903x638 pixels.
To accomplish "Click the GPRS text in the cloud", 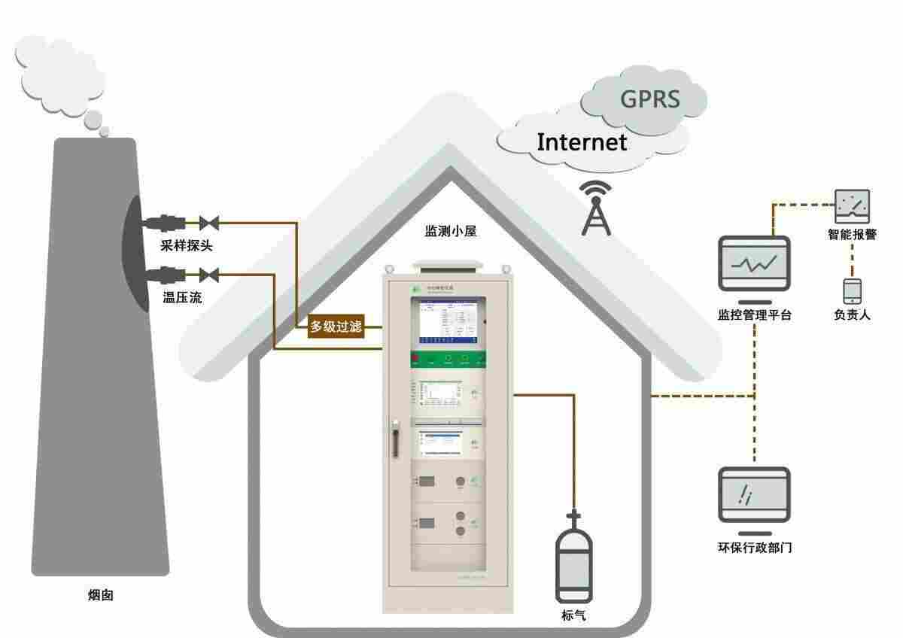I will coord(649,99).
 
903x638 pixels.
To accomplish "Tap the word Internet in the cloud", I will coord(581,141).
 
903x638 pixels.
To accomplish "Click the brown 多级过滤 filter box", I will coord(336,327).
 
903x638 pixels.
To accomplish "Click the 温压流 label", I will coord(182,297).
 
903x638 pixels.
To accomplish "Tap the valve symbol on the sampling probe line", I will coord(208,223).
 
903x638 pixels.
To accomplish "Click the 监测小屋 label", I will coord(451,232).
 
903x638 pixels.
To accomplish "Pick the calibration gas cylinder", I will coord(573,561).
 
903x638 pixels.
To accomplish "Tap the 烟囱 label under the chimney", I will coord(101,595).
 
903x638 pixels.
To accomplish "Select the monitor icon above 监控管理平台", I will coord(754,264).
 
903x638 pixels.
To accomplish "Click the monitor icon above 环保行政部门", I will coord(754,494).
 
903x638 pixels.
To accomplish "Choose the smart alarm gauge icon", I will coord(852,205).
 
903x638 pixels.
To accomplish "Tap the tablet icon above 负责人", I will coord(852,290).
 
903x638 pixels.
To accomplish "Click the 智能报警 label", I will coord(852,235).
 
